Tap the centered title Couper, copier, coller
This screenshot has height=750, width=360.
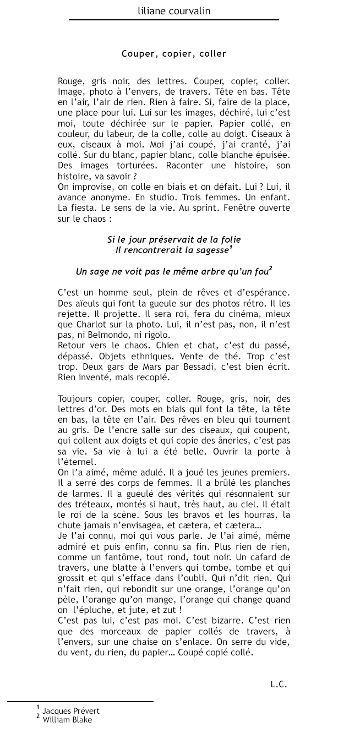pos(173,54)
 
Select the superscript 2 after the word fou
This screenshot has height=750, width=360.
pos(271,268)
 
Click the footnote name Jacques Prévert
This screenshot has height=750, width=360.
pos(70,711)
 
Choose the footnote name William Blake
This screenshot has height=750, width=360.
pos(67,720)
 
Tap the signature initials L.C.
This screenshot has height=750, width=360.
pos(279,685)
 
